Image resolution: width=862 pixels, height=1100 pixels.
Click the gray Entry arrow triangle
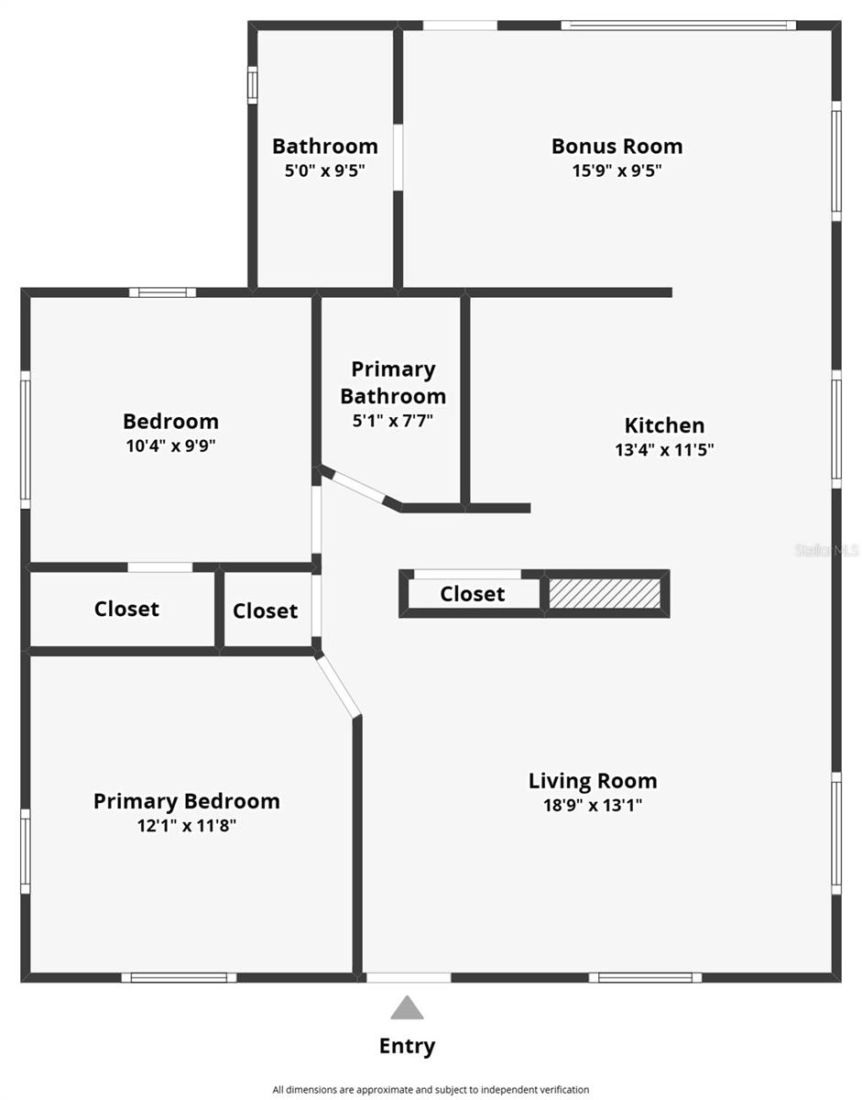(x=407, y=1007)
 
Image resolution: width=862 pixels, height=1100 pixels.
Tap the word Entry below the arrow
(x=408, y=1046)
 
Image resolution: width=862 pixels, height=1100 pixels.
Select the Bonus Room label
(x=616, y=147)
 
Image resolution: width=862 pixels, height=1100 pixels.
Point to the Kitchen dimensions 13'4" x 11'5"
(x=664, y=449)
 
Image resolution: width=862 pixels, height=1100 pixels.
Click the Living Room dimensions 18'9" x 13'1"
(x=593, y=805)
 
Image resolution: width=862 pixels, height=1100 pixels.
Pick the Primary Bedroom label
(x=187, y=801)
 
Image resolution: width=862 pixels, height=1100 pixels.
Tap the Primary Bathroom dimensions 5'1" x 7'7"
(x=393, y=421)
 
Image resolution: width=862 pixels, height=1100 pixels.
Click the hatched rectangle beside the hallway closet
(x=605, y=594)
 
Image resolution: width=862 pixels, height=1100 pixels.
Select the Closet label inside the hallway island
(x=473, y=594)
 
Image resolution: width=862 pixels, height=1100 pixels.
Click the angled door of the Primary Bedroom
(x=338, y=686)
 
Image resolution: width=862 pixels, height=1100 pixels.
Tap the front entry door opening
(x=409, y=977)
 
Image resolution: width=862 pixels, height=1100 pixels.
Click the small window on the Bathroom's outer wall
(x=253, y=85)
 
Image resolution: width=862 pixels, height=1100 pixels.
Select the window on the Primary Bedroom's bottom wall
(x=179, y=977)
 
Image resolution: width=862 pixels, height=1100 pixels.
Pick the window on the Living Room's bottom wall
(x=645, y=977)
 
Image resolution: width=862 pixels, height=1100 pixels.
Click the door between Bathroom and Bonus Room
(x=398, y=158)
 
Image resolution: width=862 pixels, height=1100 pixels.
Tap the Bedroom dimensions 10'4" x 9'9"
(x=171, y=446)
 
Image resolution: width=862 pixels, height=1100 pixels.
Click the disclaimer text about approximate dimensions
(x=431, y=1089)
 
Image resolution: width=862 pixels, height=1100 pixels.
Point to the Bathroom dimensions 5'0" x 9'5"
(x=325, y=170)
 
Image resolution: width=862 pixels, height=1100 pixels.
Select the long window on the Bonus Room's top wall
(x=679, y=26)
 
